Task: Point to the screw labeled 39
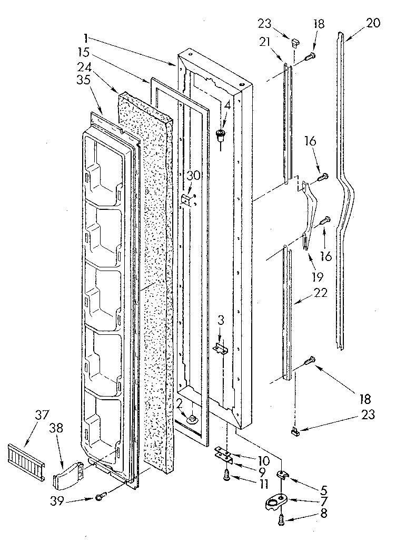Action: point(101,496)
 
